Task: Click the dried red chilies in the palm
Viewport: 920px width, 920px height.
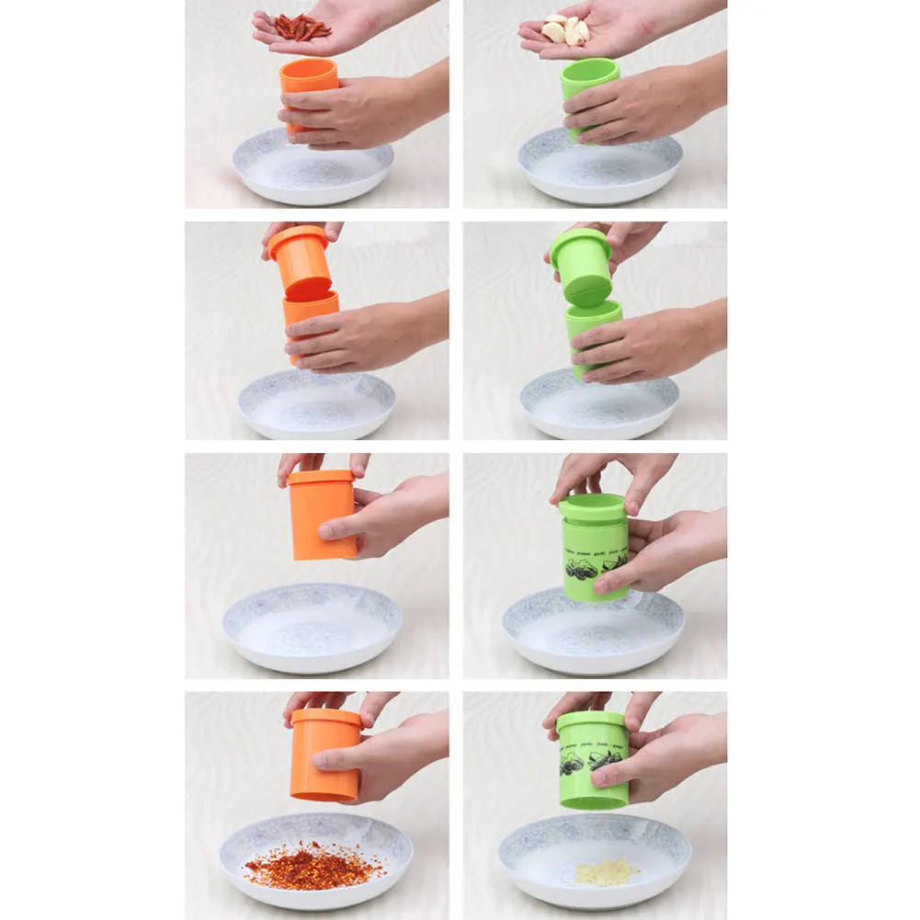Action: pyautogui.click(x=302, y=28)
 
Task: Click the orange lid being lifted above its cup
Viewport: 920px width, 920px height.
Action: pyautogui.click(x=300, y=261)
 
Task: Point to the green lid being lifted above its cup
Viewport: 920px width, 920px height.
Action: pyautogui.click(x=581, y=265)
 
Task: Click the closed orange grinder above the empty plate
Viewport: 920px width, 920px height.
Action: pyautogui.click(x=322, y=514)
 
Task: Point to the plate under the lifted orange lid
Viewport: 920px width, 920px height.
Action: pyautogui.click(x=317, y=404)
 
